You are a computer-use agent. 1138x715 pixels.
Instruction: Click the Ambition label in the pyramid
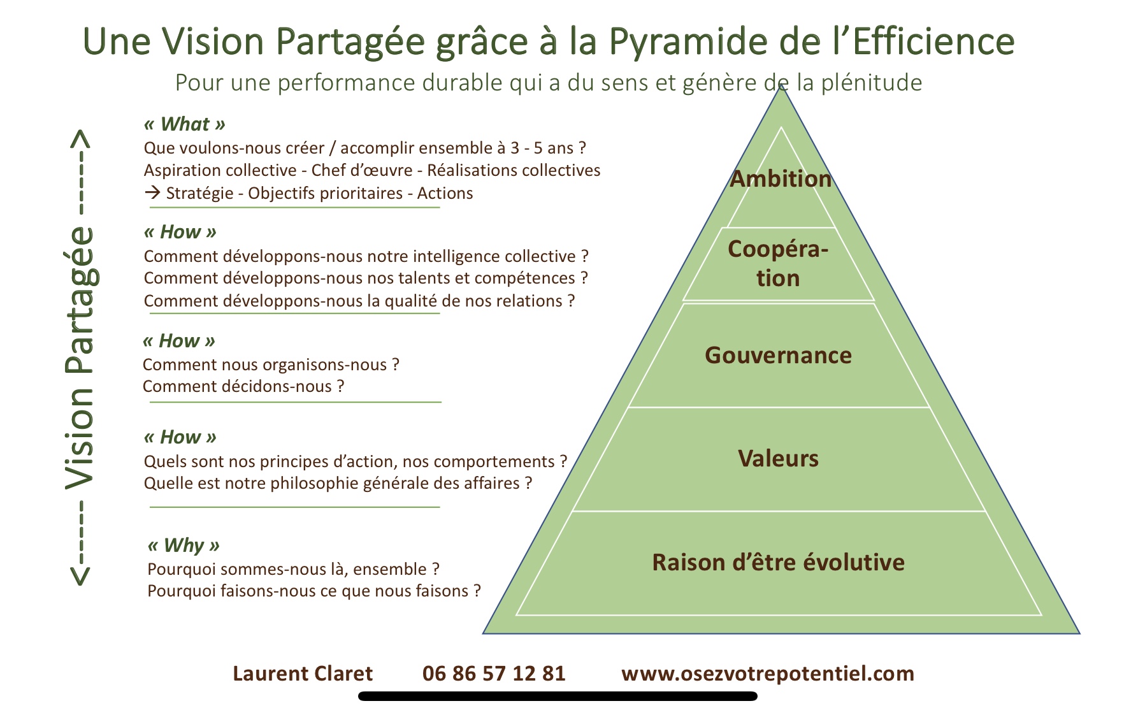pyautogui.click(x=781, y=179)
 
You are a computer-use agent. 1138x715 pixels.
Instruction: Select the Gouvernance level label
pyautogui.click(x=778, y=355)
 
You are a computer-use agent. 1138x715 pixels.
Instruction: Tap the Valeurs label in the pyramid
pyautogui.click(x=778, y=458)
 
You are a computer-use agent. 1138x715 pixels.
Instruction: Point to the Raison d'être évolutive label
pyautogui.click(x=778, y=562)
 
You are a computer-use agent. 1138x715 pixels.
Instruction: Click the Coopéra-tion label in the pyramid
pyautogui.click(x=778, y=263)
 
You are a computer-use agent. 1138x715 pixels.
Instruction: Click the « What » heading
pyautogui.click(x=185, y=124)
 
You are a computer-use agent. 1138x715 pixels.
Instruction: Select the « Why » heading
pyautogui.click(x=184, y=545)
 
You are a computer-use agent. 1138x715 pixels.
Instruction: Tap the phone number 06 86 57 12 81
pyautogui.click(x=494, y=674)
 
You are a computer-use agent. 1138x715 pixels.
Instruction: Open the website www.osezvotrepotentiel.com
pyautogui.click(x=768, y=674)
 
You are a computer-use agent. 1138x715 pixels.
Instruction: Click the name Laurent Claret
pyautogui.click(x=303, y=674)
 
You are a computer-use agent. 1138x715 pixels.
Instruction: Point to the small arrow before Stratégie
pyautogui.click(x=152, y=192)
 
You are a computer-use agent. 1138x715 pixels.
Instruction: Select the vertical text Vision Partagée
pyautogui.click(x=81, y=358)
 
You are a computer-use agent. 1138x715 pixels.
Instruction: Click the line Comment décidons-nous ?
pyautogui.click(x=243, y=386)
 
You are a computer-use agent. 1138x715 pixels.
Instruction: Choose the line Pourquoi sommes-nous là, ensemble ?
pyautogui.click(x=293, y=569)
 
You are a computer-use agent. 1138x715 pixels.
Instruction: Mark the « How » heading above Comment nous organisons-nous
pyautogui.click(x=179, y=341)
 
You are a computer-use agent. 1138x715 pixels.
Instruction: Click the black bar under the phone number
pyautogui.click(x=558, y=697)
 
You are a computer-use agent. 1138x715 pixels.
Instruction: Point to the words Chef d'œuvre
pyautogui.click(x=362, y=170)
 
